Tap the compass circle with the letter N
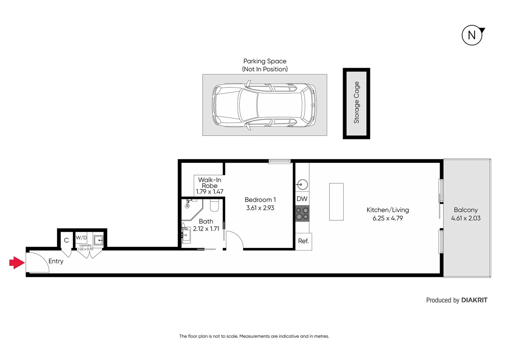(472, 35)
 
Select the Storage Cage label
(356, 103)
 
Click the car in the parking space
(264, 105)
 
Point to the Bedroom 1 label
(260, 200)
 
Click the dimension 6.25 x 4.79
(387, 218)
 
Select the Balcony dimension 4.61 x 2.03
(465, 218)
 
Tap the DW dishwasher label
(302, 199)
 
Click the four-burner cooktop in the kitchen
(302, 214)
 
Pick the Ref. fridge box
(303, 241)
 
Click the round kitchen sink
(302, 184)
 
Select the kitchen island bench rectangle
(336, 202)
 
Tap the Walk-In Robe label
(210, 183)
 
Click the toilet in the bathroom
(214, 206)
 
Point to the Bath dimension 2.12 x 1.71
(206, 229)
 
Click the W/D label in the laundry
(81, 238)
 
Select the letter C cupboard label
(66, 240)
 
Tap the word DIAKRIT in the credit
(474, 300)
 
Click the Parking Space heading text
(265, 61)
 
